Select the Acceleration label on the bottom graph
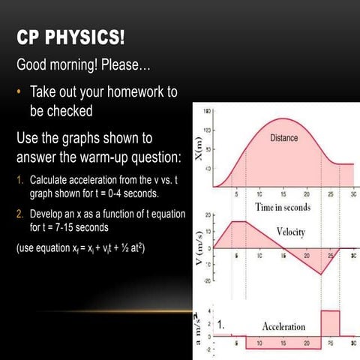coord(284,326)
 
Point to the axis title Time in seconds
coord(283,206)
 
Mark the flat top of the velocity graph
coord(242,221)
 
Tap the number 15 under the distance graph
coord(283,194)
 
